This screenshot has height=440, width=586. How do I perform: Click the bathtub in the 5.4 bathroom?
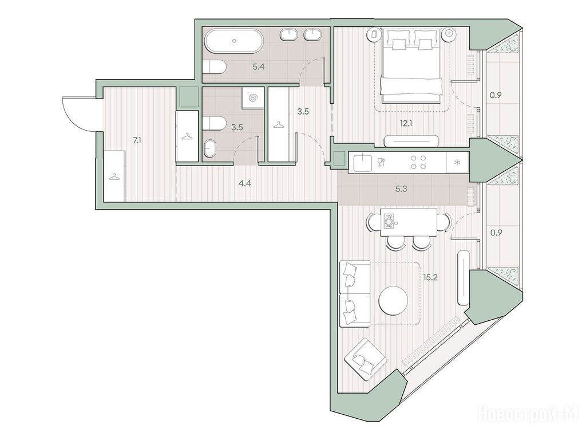[234, 41]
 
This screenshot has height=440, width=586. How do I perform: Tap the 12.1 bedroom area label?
[406, 123]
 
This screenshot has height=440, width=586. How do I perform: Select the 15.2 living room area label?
[430, 277]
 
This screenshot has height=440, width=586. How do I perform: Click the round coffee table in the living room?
[393, 300]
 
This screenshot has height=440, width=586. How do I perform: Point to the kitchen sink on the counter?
[362, 162]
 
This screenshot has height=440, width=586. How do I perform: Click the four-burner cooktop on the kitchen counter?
[418, 162]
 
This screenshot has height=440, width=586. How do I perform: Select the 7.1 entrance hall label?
[137, 141]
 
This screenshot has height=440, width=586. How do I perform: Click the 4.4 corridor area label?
[245, 183]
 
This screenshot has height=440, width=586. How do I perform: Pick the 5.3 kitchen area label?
[401, 189]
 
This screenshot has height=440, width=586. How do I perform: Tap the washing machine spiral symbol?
[252, 98]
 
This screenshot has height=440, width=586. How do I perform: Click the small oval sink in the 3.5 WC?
[210, 148]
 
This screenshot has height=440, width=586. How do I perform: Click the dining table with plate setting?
[409, 222]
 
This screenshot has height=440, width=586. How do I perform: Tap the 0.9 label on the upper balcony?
[496, 95]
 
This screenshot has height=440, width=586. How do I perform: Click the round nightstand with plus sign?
[449, 33]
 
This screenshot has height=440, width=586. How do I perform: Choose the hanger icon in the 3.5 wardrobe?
[278, 125]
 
